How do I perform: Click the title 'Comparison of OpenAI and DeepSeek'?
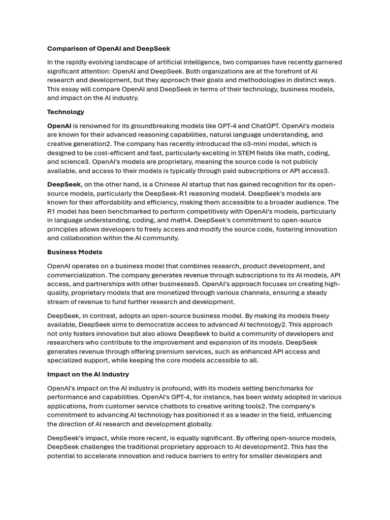click(x=109, y=49)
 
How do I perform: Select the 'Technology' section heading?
click(x=66, y=112)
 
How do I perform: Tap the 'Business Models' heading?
click(x=75, y=252)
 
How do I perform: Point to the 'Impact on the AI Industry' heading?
click(x=88, y=374)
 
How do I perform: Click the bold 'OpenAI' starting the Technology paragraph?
click(x=59, y=126)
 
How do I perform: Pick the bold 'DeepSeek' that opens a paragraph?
click(x=64, y=184)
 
